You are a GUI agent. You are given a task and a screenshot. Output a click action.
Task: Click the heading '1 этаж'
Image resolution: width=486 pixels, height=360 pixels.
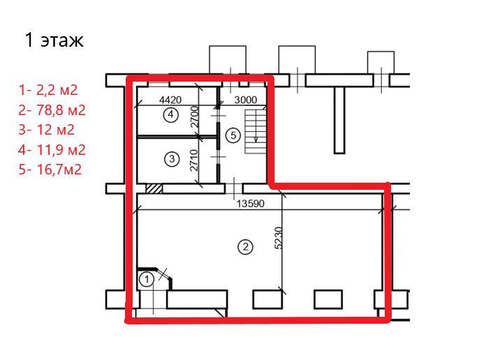tap(54, 40)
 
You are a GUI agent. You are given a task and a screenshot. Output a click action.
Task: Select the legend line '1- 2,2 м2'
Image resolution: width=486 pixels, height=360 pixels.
tap(48, 90)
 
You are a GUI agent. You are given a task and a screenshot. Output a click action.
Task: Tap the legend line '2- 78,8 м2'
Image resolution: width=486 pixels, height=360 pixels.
tap(52, 110)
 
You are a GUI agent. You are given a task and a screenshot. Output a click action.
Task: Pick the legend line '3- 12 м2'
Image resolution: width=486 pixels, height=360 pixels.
tap(47, 130)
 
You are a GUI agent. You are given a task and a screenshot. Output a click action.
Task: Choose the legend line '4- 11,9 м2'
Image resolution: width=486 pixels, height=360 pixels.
tap(52, 150)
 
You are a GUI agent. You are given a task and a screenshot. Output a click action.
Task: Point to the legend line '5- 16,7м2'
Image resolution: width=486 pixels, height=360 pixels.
tap(50, 170)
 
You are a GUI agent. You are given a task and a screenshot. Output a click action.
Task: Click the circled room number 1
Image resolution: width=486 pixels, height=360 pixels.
tap(147, 280)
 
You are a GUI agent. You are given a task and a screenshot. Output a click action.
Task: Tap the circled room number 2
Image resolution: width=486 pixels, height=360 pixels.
tap(245, 247)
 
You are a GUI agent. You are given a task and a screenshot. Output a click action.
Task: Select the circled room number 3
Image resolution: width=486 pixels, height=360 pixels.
tap(172, 159)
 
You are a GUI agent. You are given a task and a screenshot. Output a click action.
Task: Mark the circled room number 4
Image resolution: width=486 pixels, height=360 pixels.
tap(171, 114)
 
